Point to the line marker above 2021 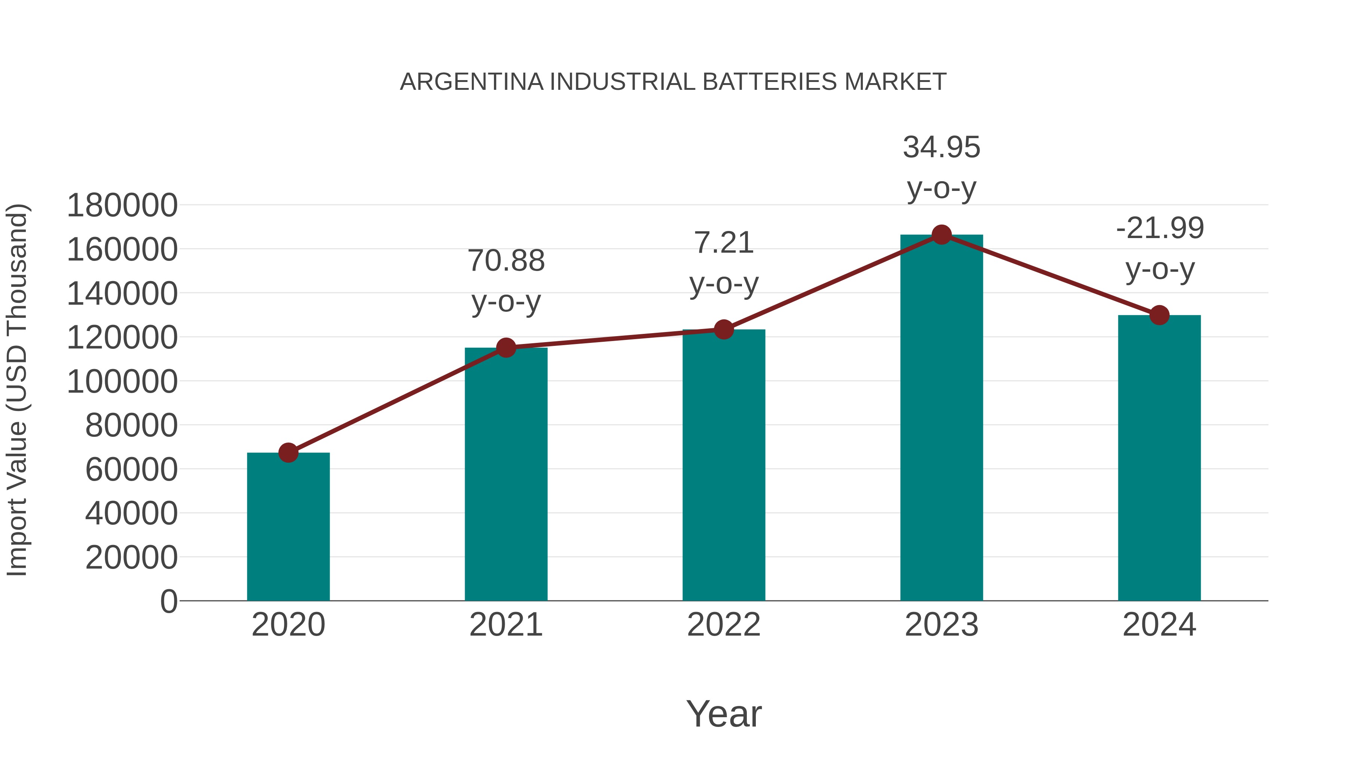click(x=505, y=347)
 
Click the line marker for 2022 click(x=724, y=329)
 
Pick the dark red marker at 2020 click(x=288, y=453)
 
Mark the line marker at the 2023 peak click(x=941, y=235)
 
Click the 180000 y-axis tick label click(x=122, y=205)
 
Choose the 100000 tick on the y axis click(x=122, y=381)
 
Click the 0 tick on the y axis click(x=168, y=601)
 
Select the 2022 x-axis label click(x=724, y=625)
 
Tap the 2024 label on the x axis click(x=1159, y=625)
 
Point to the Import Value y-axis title click(x=17, y=390)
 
